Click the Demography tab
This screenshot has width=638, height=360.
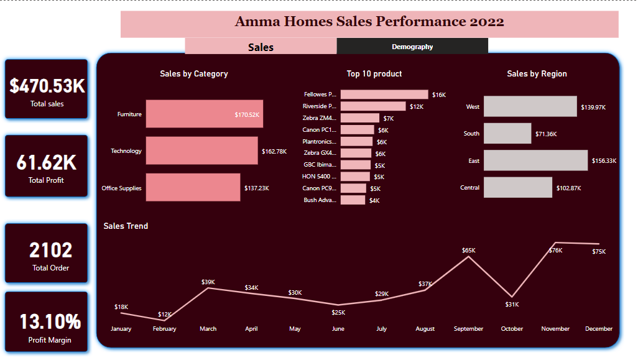(x=412, y=47)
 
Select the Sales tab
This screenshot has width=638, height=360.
(x=261, y=47)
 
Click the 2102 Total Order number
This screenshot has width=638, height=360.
(x=51, y=251)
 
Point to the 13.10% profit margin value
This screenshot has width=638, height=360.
(x=50, y=321)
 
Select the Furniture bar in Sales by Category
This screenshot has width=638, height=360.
(x=204, y=114)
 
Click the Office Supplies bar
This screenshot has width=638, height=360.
(x=193, y=187)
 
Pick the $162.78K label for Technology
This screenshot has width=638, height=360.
(x=274, y=151)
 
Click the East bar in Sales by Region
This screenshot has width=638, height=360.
(x=535, y=160)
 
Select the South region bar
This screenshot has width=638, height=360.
(x=507, y=133)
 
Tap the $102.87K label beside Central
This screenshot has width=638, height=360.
(x=567, y=188)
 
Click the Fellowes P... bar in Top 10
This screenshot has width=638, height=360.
(x=384, y=95)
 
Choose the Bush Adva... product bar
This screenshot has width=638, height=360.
(x=353, y=200)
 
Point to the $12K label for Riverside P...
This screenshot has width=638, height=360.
(x=416, y=107)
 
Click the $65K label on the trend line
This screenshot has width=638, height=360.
(x=468, y=251)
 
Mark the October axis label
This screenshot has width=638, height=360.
(x=512, y=329)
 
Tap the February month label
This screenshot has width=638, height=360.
(x=164, y=329)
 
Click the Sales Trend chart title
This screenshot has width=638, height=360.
(x=126, y=226)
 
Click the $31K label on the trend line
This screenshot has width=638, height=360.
(x=512, y=304)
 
